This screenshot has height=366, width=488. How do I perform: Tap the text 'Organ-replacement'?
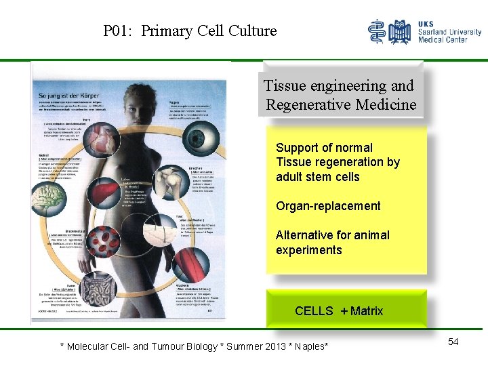tap(328, 206)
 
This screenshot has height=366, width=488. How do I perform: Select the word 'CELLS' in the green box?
tap(314, 311)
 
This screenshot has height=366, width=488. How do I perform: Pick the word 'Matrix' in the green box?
tap(367, 311)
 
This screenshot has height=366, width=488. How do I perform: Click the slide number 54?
tap(453, 342)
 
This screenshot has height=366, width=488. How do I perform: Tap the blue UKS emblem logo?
tap(389, 32)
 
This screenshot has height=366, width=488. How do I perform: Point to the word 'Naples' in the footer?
tap(308, 346)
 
